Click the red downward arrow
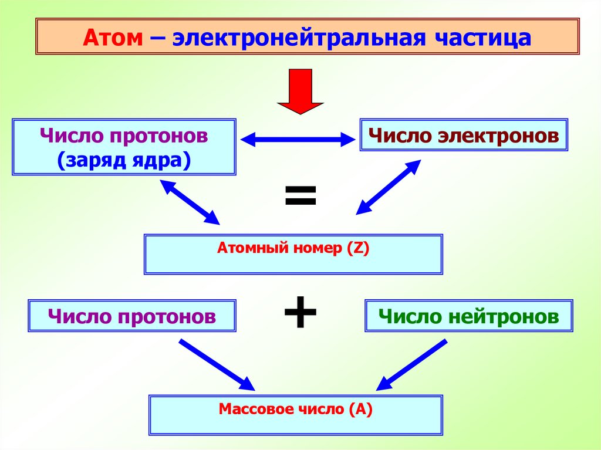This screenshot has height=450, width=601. pos(300,91)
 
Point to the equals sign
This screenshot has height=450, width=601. pos(300,196)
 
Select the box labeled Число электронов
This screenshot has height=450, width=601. pos(464,136)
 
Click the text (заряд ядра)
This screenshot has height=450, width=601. pos(124,160)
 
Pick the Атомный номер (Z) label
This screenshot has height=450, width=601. pos(293,248)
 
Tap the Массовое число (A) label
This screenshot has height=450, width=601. pos(296,409)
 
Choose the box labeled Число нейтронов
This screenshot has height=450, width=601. pos(468,317)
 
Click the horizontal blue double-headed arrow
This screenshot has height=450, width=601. pos(299,140)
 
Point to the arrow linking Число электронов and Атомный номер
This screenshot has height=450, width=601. pos(389,187)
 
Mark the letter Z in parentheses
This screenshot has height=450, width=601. pos(357,248)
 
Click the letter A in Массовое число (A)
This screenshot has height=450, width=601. pos(360,409)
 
